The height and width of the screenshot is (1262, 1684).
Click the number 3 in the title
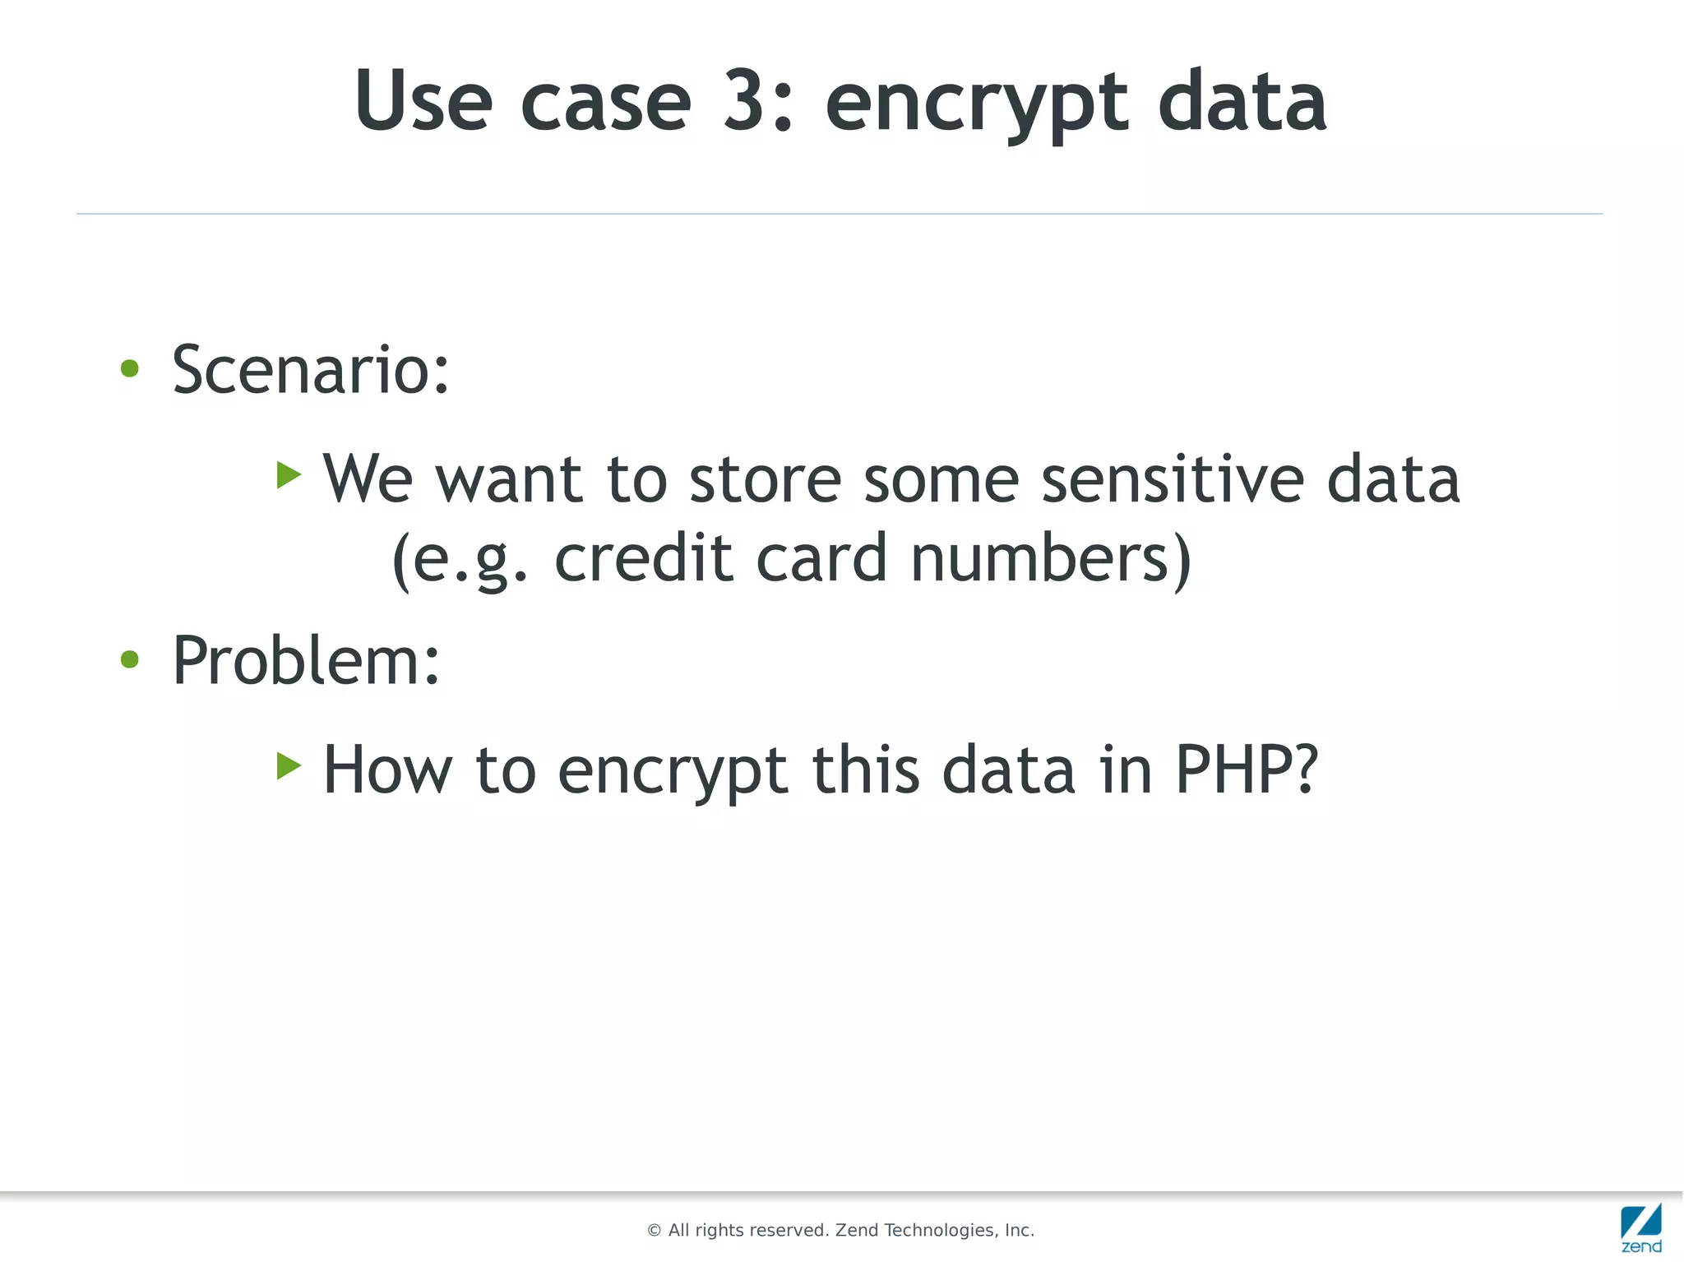(744, 100)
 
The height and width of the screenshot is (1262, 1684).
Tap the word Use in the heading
(423, 100)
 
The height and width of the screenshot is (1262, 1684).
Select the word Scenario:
(311, 370)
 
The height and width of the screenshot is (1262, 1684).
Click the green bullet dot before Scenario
(130, 368)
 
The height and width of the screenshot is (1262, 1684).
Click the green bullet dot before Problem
(130, 659)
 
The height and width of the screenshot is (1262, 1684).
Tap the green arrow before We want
(289, 474)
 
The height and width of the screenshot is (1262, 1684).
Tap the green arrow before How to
(289, 765)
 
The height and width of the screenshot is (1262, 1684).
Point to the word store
(765, 480)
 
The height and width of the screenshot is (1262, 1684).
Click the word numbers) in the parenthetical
(1052, 558)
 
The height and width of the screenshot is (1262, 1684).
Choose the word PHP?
(1247, 770)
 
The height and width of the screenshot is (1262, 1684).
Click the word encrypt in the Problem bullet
(673, 774)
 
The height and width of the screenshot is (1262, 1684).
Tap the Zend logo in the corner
(1641, 1227)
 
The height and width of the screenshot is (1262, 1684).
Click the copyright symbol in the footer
(655, 1231)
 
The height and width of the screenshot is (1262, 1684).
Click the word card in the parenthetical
(821, 558)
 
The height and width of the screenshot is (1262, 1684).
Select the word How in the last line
(387, 770)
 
